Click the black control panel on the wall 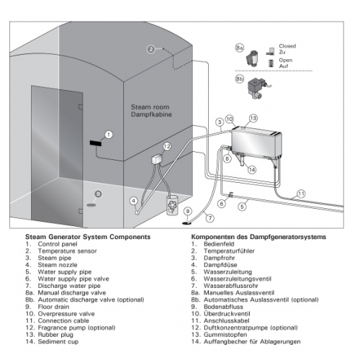pos(96,143)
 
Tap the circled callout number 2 pos(151,50)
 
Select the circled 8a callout pos(239,48)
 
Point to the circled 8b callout pos(239,79)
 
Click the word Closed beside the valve pos(287,46)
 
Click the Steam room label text pos(150,107)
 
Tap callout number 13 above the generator pos(253,118)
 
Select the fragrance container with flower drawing pos(173,205)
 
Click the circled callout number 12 pos(167,146)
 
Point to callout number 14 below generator pos(252,170)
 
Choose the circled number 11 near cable pos(301,194)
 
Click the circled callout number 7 pos(210,218)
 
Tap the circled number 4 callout pos(134,201)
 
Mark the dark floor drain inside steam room pos(91,205)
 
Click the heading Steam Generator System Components pos(88,237)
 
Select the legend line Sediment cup pos(52,341)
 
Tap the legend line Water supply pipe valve pos(67,279)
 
